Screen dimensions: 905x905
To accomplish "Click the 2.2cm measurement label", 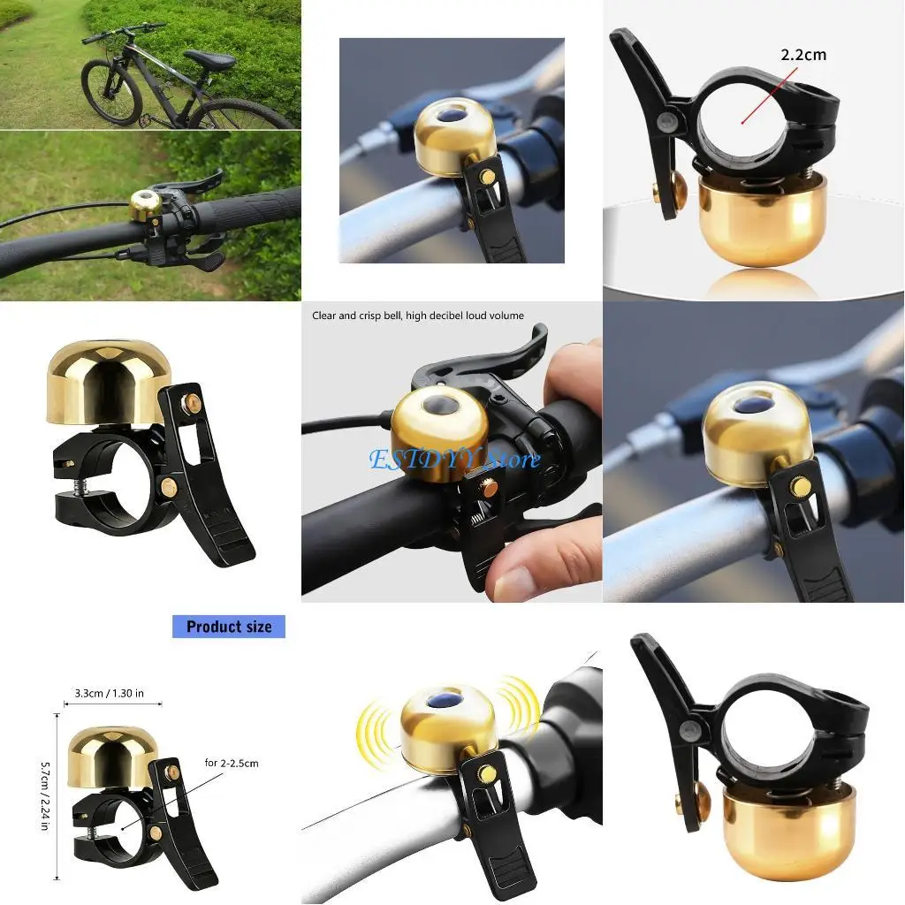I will (802, 55).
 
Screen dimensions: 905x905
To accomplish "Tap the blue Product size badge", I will (229, 627).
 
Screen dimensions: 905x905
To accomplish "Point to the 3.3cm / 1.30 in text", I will (112, 693).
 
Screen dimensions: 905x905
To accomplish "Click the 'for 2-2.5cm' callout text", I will (231, 762).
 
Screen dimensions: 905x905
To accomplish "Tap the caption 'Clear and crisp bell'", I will (417, 316).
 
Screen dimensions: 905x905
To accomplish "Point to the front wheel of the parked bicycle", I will (111, 92).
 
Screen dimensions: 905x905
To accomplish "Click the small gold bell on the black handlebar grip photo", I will (145, 205).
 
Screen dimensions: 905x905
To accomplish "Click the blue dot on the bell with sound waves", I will (445, 701).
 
